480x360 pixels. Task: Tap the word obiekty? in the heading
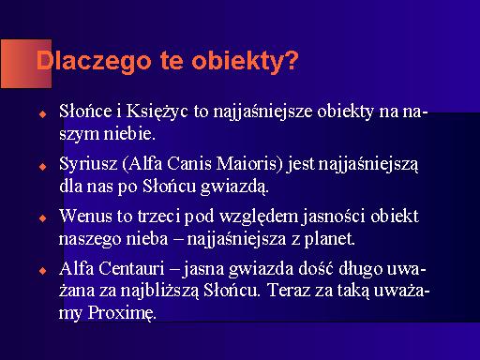tap(245, 61)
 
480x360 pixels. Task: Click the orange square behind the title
tap(26, 64)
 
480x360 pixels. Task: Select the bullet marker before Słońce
tap(43, 113)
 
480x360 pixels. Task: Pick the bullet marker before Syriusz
tap(43, 166)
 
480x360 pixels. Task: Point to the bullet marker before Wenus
tap(43, 218)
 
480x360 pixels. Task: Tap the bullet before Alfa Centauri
tap(43, 271)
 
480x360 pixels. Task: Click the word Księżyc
tap(157, 112)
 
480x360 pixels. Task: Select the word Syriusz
tap(88, 164)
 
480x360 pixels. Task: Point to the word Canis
tap(189, 163)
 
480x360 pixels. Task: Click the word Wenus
tap(85, 216)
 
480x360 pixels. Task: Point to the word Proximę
tap(122, 313)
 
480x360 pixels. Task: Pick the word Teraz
tap(290, 291)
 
